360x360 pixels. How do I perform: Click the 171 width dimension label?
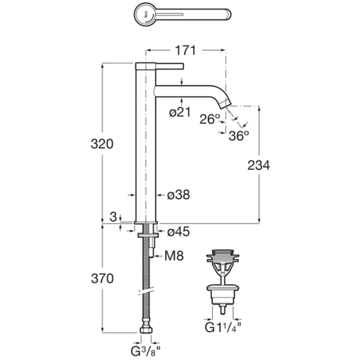point(185,50)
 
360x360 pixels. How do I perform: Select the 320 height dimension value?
point(102,144)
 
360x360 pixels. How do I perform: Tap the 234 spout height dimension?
point(258,165)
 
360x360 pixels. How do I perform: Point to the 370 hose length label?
point(103,279)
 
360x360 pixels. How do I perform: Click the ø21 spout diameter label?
point(180,112)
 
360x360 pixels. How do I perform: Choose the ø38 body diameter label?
point(178,195)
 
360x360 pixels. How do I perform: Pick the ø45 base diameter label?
point(178,232)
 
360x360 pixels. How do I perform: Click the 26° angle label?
point(210,119)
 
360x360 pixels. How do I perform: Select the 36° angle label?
point(239,135)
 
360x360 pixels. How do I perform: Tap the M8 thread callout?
point(174,256)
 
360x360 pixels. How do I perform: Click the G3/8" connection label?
point(145,351)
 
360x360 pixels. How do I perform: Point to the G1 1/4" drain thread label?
point(222,327)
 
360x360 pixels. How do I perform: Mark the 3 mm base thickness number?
point(113,217)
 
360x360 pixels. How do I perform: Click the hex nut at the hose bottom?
point(146,330)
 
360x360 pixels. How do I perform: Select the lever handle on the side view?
point(160,67)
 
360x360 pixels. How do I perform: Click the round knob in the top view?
point(146,14)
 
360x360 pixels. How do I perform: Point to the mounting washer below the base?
point(148,236)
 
